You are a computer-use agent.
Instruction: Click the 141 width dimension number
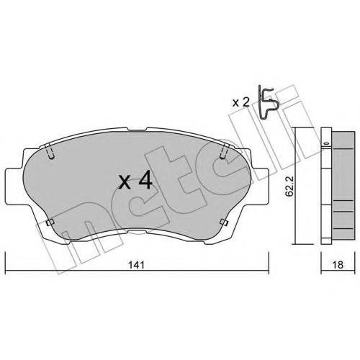[x=137, y=265]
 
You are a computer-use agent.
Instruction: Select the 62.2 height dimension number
[x=289, y=186]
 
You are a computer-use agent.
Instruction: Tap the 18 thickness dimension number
[x=338, y=265]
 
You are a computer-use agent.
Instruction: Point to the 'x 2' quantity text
[x=241, y=103]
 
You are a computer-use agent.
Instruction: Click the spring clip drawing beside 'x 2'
[x=269, y=103]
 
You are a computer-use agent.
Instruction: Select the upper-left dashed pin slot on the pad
[x=50, y=151]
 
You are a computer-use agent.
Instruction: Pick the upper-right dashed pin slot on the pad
[x=224, y=151]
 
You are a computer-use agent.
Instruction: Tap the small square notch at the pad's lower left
[x=50, y=222]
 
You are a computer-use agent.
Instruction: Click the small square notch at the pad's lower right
[x=224, y=222]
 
